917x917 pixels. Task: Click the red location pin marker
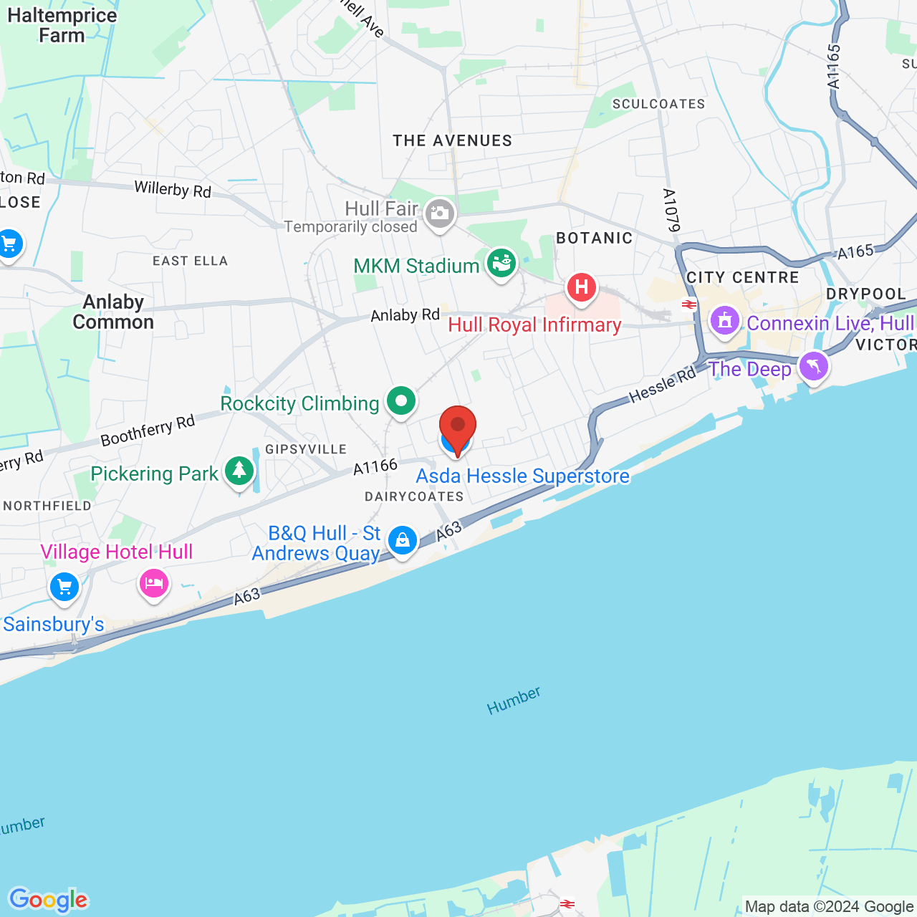(457, 427)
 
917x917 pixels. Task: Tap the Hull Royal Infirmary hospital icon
(581, 288)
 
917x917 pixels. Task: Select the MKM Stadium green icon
(501, 264)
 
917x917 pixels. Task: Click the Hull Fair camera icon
(440, 213)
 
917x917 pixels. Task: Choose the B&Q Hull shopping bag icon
(403, 540)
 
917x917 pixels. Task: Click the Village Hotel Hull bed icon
(153, 583)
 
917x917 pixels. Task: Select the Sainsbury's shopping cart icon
(64, 588)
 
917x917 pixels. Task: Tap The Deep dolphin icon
(813, 367)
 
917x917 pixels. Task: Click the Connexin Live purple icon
(724, 320)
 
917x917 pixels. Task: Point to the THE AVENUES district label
(452, 141)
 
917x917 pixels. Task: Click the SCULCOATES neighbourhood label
(658, 105)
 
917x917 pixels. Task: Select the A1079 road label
(671, 211)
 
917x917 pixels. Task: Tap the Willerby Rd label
(173, 190)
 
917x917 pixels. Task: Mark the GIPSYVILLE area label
(306, 449)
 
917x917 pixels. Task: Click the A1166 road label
(375, 467)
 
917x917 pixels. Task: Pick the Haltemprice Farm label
(62, 26)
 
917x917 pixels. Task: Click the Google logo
(49, 900)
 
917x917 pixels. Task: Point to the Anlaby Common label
(113, 312)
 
